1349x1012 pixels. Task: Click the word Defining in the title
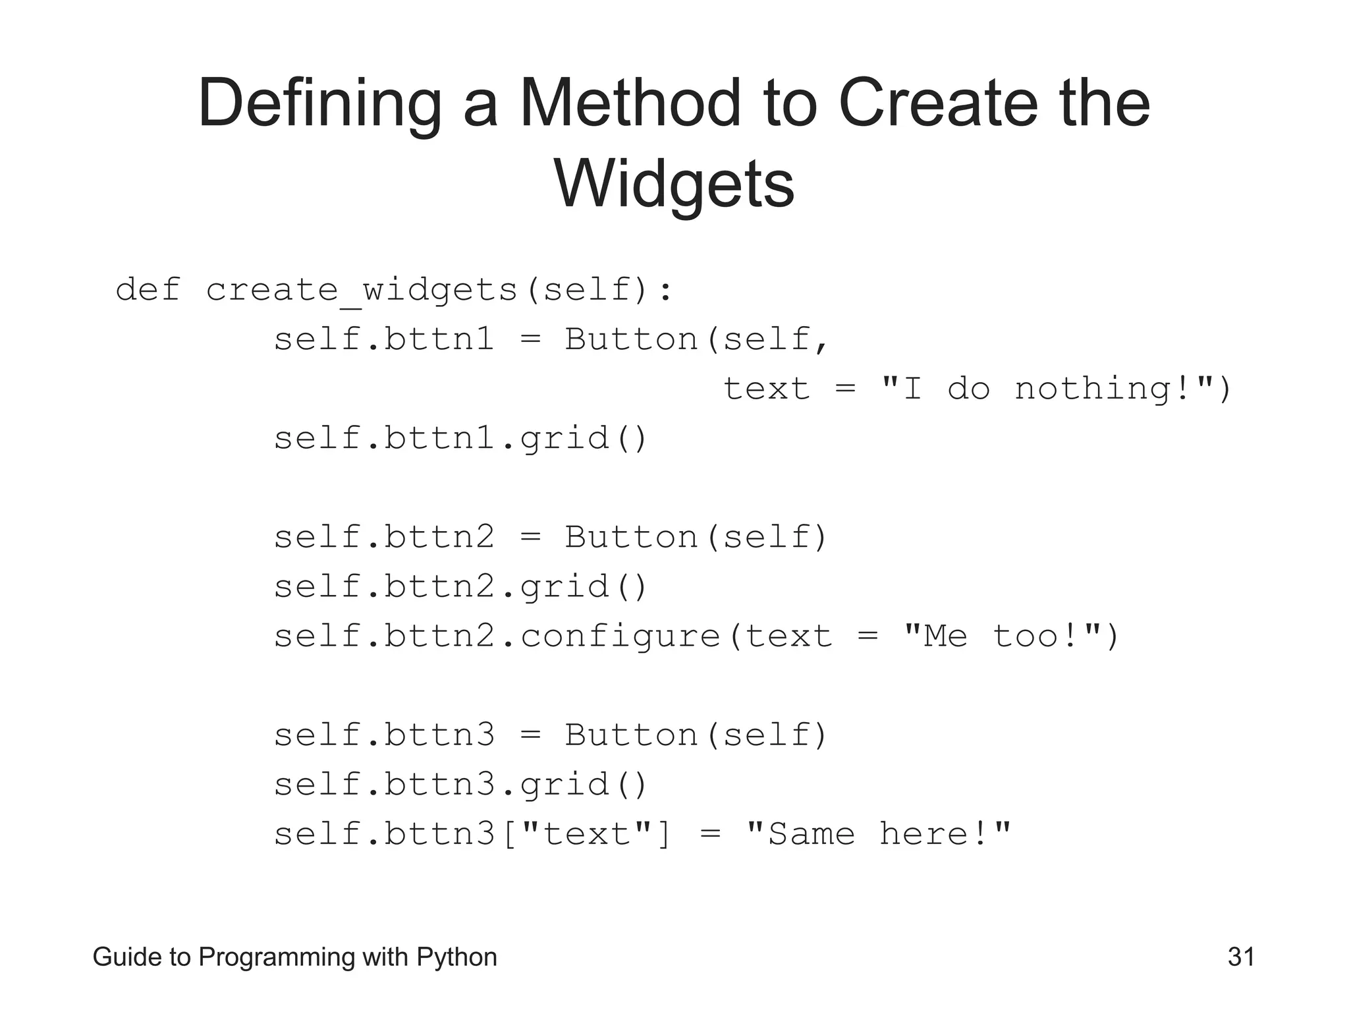click(x=319, y=103)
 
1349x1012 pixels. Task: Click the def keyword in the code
click(x=148, y=290)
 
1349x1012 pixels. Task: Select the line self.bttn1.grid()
click(x=461, y=439)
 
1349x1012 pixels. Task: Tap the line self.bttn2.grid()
click(x=461, y=587)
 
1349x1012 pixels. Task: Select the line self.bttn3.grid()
click(x=461, y=785)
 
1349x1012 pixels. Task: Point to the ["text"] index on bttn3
click(x=586, y=834)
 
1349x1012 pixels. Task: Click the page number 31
click(x=1241, y=957)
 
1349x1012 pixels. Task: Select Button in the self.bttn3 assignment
click(x=631, y=735)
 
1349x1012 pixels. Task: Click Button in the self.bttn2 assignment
click(x=631, y=538)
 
